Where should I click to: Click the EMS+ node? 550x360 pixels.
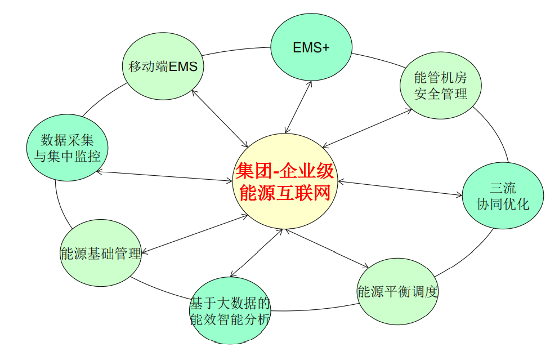coord(311,47)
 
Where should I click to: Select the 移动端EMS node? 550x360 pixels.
coord(163,66)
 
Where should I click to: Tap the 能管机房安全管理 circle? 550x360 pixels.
coord(441,86)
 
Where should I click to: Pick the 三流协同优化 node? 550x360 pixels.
coord(503,196)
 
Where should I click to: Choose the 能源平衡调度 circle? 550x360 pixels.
coord(398,292)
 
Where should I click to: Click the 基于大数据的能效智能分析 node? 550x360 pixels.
coord(230,311)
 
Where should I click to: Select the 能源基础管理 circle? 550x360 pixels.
coord(101,253)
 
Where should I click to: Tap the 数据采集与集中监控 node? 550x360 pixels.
coord(68,148)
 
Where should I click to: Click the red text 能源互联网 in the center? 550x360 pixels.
coord(285,193)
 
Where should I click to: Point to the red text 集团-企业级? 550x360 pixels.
coord(285,171)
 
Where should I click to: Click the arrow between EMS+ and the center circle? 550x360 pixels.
coord(298,108)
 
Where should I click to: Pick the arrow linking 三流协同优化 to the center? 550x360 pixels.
coord(400,188)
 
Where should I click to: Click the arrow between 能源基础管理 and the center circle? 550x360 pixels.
coord(195,234)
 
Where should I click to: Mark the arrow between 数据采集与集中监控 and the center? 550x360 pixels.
coord(164,176)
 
